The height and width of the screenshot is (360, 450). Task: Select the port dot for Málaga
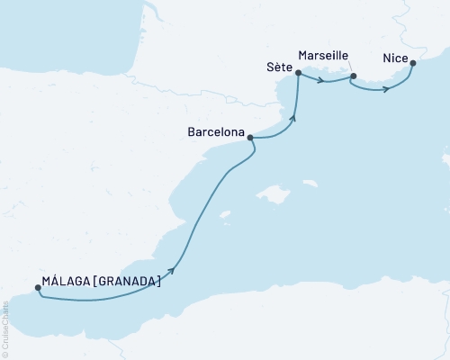click(x=38, y=289)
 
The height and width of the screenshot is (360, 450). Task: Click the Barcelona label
click(x=216, y=131)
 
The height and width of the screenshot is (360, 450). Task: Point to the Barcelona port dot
click(x=249, y=138)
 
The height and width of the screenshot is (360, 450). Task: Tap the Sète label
click(x=279, y=68)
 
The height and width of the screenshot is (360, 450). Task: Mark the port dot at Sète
click(x=297, y=74)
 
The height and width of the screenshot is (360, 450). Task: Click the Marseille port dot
click(x=353, y=76)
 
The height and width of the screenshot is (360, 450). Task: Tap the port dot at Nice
click(x=412, y=63)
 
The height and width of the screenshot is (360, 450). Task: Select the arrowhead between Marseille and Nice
click(x=386, y=88)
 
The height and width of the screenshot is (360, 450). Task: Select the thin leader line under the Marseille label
click(x=344, y=65)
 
